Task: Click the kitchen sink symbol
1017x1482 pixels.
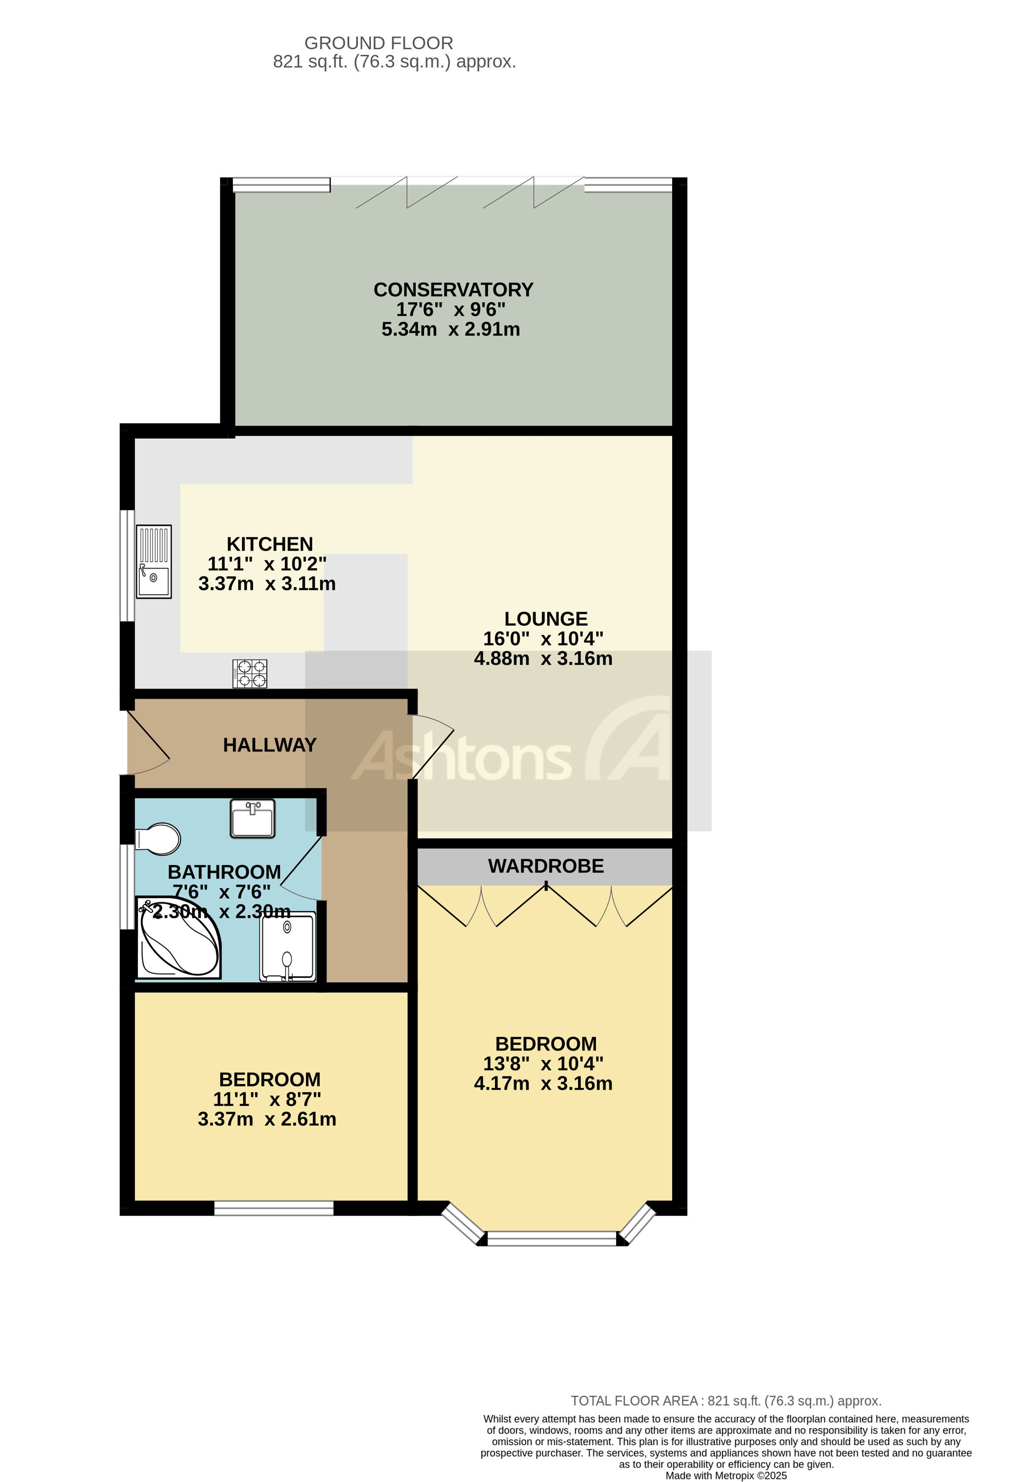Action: coord(154,561)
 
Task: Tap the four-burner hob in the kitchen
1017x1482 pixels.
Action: coord(250,674)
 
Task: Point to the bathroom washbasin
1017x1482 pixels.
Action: coord(253,818)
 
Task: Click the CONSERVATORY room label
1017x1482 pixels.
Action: coord(453,290)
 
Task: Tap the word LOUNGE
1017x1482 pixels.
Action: coord(546,619)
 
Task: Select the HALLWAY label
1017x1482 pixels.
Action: coord(270,745)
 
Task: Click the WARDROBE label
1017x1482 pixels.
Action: coord(546,866)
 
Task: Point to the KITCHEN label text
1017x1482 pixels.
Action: coord(270,544)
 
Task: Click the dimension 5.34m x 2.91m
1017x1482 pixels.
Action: coord(450,329)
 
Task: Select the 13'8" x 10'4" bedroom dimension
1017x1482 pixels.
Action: coord(543,1064)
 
